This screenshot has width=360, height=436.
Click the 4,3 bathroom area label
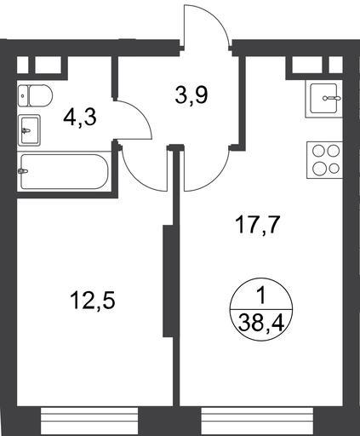coord(80,118)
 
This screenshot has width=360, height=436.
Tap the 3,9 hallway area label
coord(191,95)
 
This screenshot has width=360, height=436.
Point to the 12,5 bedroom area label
coord(93,301)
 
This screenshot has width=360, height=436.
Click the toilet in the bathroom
coord(35,95)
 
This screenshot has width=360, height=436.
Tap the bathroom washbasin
coord(29,130)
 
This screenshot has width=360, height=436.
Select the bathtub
coord(64,171)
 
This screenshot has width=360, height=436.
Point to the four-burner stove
coord(325,160)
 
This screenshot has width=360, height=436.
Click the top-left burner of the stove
coord(318,150)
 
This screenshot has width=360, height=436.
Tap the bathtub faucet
coord(22,171)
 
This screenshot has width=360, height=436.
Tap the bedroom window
coord(89,422)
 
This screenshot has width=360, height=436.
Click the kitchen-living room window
coord(257,422)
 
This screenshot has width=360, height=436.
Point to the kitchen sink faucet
coord(332,98)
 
